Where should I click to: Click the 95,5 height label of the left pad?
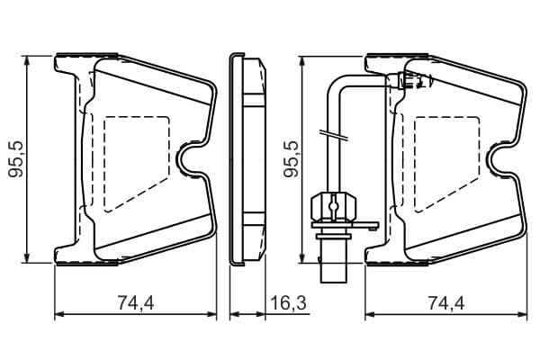click(16, 158)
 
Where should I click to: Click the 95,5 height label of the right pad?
click(292, 158)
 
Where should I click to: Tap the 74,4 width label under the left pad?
click(136, 302)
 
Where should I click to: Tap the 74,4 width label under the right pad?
click(446, 302)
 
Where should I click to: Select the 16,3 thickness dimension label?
click(288, 302)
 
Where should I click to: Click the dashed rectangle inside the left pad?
click(137, 164)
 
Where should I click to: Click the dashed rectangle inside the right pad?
click(447, 164)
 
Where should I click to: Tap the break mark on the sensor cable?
click(334, 135)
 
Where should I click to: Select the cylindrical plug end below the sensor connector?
click(333, 261)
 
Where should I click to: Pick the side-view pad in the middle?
click(247, 158)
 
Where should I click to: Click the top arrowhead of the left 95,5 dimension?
click(27, 60)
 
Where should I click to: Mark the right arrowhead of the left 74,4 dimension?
click(211, 314)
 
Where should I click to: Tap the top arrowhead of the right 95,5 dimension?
click(302, 60)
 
